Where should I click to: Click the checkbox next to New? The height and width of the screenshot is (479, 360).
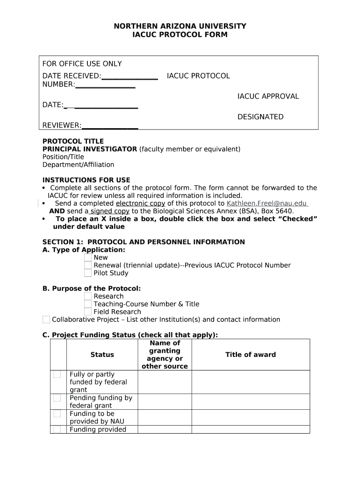pos(88,257)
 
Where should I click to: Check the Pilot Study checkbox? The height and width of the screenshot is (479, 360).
pos(88,273)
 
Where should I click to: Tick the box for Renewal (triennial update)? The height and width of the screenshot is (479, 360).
pos(88,265)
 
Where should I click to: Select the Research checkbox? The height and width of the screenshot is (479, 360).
pos(88,296)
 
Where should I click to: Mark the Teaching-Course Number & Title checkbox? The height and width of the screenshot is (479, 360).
pos(88,304)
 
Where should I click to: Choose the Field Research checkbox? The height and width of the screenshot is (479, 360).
pos(88,312)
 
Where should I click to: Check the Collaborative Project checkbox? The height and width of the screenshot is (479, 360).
pos(46,319)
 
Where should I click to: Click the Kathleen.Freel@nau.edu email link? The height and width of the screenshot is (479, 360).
pos(266,203)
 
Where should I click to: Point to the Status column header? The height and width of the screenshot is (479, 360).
pos(102,355)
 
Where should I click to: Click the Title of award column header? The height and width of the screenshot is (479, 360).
pos(251,355)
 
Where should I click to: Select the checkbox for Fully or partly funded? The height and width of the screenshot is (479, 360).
pos(57,374)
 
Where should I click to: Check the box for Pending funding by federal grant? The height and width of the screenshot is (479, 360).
pos(57,398)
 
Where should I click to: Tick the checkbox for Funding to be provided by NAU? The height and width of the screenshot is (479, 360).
pos(57,414)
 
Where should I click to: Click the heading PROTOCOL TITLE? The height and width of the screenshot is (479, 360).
pos(73,141)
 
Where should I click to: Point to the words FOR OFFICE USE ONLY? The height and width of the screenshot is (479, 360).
pos(82,64)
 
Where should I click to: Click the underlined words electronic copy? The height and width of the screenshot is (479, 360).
pos(140,203)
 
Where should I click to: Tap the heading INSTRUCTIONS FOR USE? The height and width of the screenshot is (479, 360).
pos(86,180)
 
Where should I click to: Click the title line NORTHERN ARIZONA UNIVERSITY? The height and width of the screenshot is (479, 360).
pos(180,26)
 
